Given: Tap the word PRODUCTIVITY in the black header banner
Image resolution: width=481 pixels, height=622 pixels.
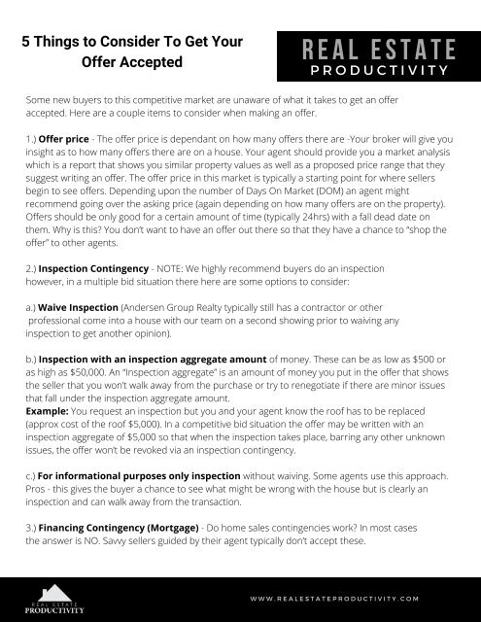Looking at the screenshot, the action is coord(373,70).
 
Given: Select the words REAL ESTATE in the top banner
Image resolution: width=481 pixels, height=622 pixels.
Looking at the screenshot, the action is coord(373,50).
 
